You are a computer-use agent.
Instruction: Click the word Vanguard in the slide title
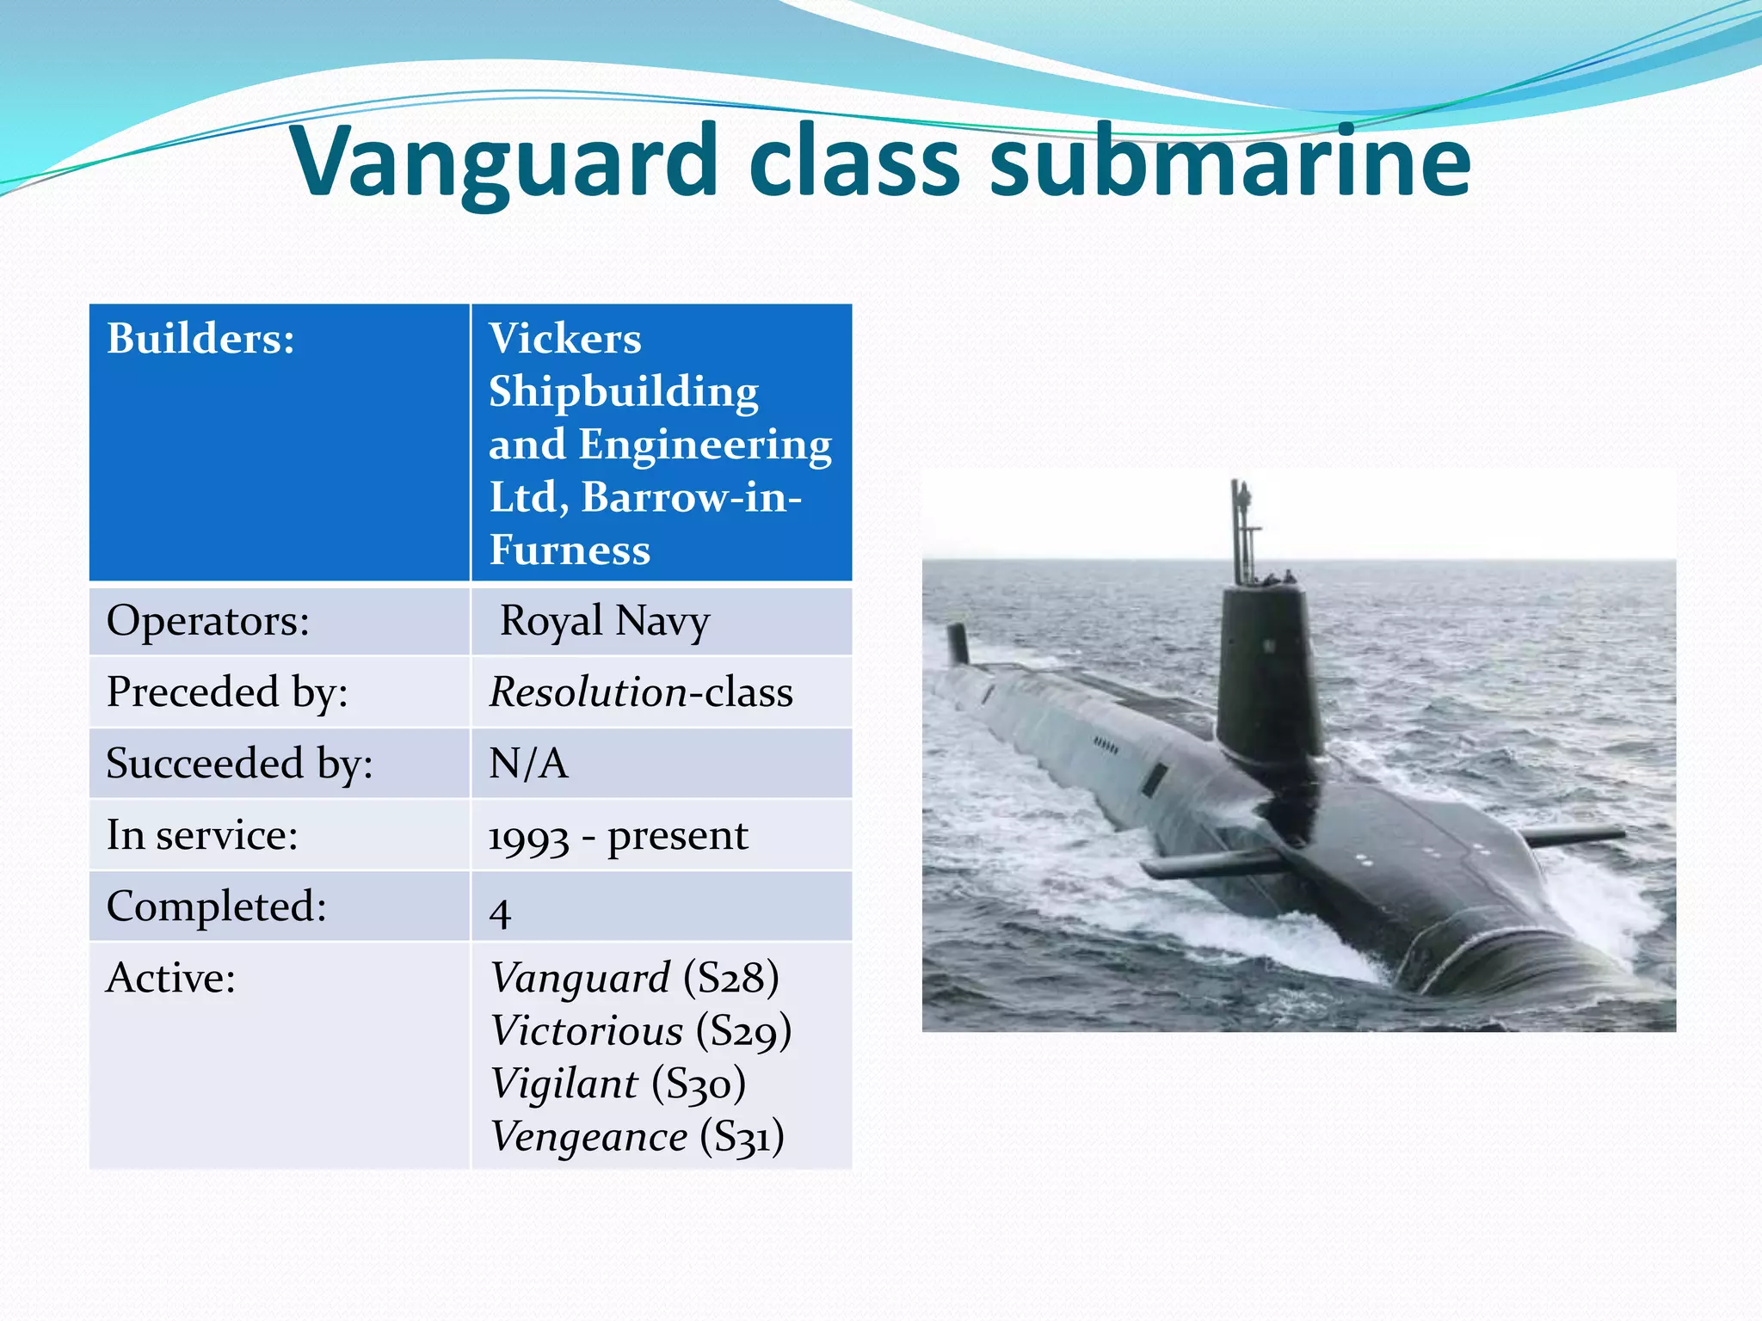(x=505, y=162)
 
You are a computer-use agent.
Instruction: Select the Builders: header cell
(x=200, y=338)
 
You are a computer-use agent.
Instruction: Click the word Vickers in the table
(x=565, y=338)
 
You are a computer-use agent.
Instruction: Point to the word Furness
(x=570, y=550)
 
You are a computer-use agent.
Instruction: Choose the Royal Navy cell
(x=605, y=621)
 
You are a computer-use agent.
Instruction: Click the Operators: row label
(x=207, y=621)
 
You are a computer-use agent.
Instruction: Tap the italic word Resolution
(x=588, y=692)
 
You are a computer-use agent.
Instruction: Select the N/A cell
(x=528, y=764)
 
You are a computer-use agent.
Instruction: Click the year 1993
(x=528, y=837)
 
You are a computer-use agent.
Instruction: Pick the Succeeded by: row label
(x=239, y=764)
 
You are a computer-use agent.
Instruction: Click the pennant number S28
(x=731, y=979)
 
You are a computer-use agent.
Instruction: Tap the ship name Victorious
(x=587, y=1031)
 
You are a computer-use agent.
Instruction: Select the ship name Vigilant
(x=564, y=1084)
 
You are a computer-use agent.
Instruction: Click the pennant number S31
(x=742, y=1137)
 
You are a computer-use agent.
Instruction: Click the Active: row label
(x=170, y=979)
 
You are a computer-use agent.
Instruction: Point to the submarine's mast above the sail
(x=1241, y=529)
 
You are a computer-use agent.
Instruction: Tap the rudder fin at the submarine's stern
(x=958, y=643)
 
